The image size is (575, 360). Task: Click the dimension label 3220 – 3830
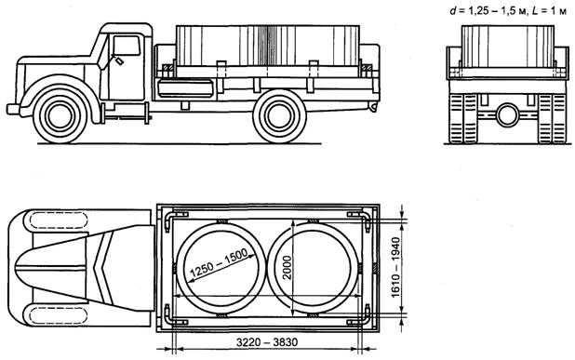(267, 342)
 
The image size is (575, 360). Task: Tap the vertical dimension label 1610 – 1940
(395, 267)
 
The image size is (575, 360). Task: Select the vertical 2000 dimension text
(287, 268)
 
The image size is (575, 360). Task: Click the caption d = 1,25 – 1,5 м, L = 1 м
(508, 11)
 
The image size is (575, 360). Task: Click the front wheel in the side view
(60, 115)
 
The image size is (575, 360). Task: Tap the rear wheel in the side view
(279, 116)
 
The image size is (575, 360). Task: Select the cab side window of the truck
(127, 46)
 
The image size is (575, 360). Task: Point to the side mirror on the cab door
(119, 60)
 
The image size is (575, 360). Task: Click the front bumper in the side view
(13, 109)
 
